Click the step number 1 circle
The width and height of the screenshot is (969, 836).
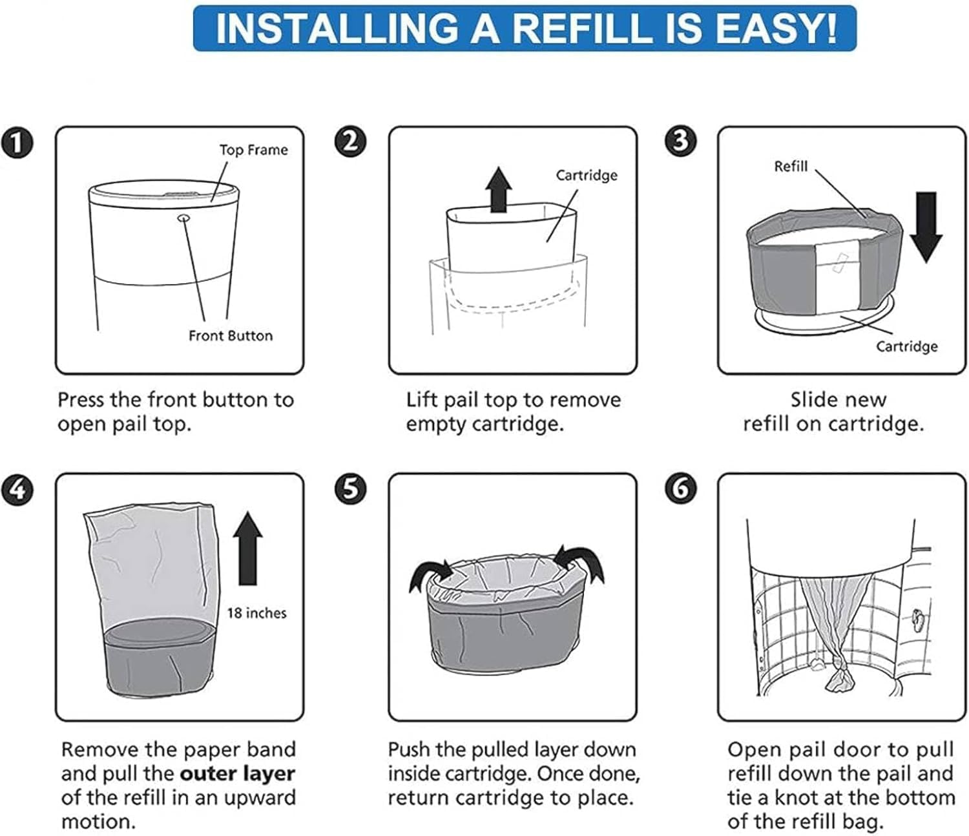click(17, 143)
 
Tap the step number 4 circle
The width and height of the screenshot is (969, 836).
click(17, 489)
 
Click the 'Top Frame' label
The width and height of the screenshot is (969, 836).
click(253, 150)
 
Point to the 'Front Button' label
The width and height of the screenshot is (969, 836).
click(231, 336)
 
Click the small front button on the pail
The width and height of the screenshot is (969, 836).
click(184, 218)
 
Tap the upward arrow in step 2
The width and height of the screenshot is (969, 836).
click(499, 189)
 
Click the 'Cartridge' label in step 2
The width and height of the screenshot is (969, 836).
click(587, 175)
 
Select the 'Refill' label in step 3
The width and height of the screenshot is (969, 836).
click(791, 167)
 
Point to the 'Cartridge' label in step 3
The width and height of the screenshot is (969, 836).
click(906, 346)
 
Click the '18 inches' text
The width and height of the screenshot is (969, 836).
click(256, 613)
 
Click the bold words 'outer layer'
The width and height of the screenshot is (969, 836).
click(237, 773)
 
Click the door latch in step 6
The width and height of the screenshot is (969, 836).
click(917, 618)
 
